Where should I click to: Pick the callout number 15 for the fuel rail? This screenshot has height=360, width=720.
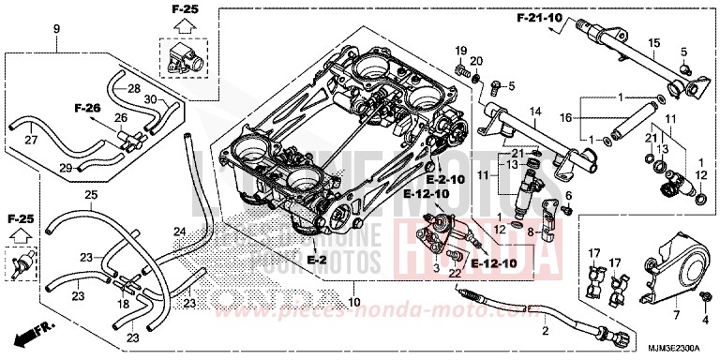pos(653,43)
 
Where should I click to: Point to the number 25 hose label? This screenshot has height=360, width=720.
pos(90,194)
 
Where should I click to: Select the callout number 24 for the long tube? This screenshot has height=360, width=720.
pos(179,232)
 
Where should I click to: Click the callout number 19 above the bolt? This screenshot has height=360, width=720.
pos(461,49)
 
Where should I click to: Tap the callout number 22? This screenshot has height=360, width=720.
pos(456,273)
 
